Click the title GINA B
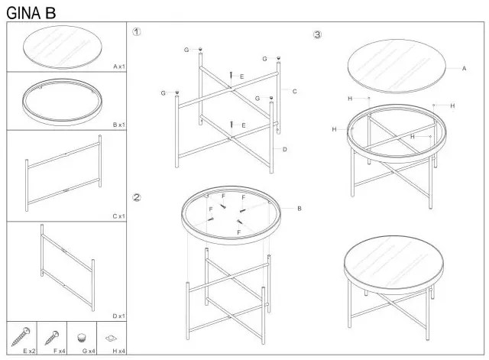click(x=31, y=13)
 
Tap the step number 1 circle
click(x=136, y=31)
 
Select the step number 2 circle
click(x=137, y=197)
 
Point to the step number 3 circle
click(x=317, y=34)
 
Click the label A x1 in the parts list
click(x=119, y=66)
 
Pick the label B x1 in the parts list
click(x=119, y=125)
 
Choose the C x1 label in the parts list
click(x=119, y=216)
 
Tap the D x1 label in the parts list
click(x=119, y=316)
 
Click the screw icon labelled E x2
click(x=21, y=336)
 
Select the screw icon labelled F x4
click(x=51, y=338)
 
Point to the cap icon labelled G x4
click(x=82, y=338)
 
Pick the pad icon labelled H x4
click(x=111, y=338)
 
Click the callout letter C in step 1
click(x=294, y=92)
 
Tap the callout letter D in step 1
click(x=284, y=150)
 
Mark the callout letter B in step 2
click(x=300, y=209)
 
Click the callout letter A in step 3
click(x=464, y=68)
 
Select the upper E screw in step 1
click(x=231, y=76)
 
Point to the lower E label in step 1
click(x=244, y=125)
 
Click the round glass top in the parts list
click(x=63, y=47)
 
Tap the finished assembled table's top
click(x=393, y=264)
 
